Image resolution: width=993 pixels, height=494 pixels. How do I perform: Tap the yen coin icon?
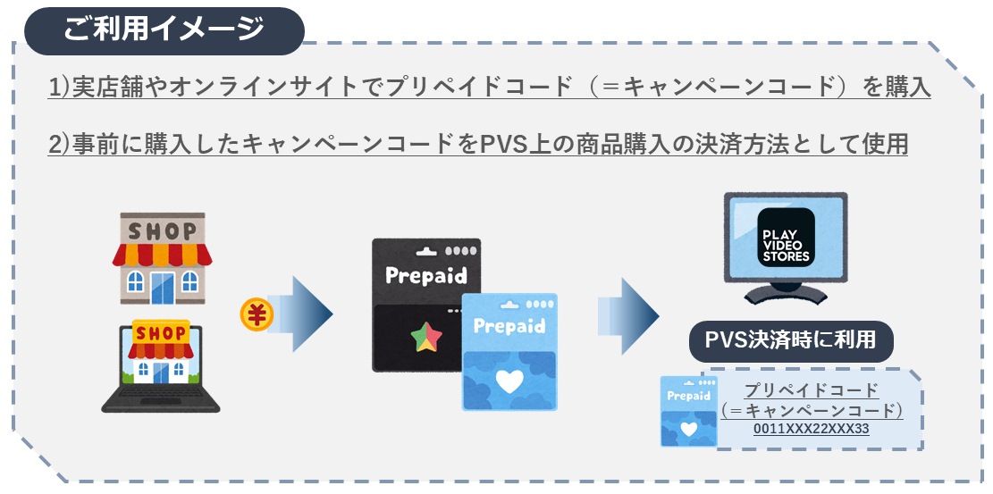[x=257, y=314]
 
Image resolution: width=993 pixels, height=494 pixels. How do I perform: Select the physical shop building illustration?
[x=162, y=259]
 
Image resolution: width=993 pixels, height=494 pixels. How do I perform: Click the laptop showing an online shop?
[x=162, y=366]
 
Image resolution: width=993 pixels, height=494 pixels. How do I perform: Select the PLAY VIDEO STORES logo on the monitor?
[x=785, y=238]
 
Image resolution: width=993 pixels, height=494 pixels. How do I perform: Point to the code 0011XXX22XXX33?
[x=811, y=429]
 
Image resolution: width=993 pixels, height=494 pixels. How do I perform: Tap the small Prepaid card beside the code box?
[x=688, y=410]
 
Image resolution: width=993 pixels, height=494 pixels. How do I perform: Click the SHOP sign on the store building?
[x=162, y=230]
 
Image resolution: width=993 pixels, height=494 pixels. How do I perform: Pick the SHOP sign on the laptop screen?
[x=161, y=333]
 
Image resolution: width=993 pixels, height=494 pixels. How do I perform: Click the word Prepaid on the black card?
[x=425, y=274]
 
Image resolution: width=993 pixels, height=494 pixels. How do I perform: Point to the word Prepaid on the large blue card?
[x=509, y=325]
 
